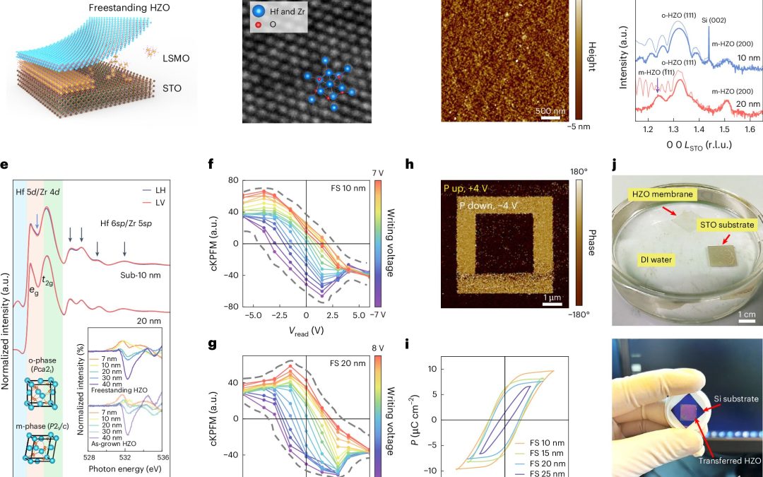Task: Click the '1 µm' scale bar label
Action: pos(551,298)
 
